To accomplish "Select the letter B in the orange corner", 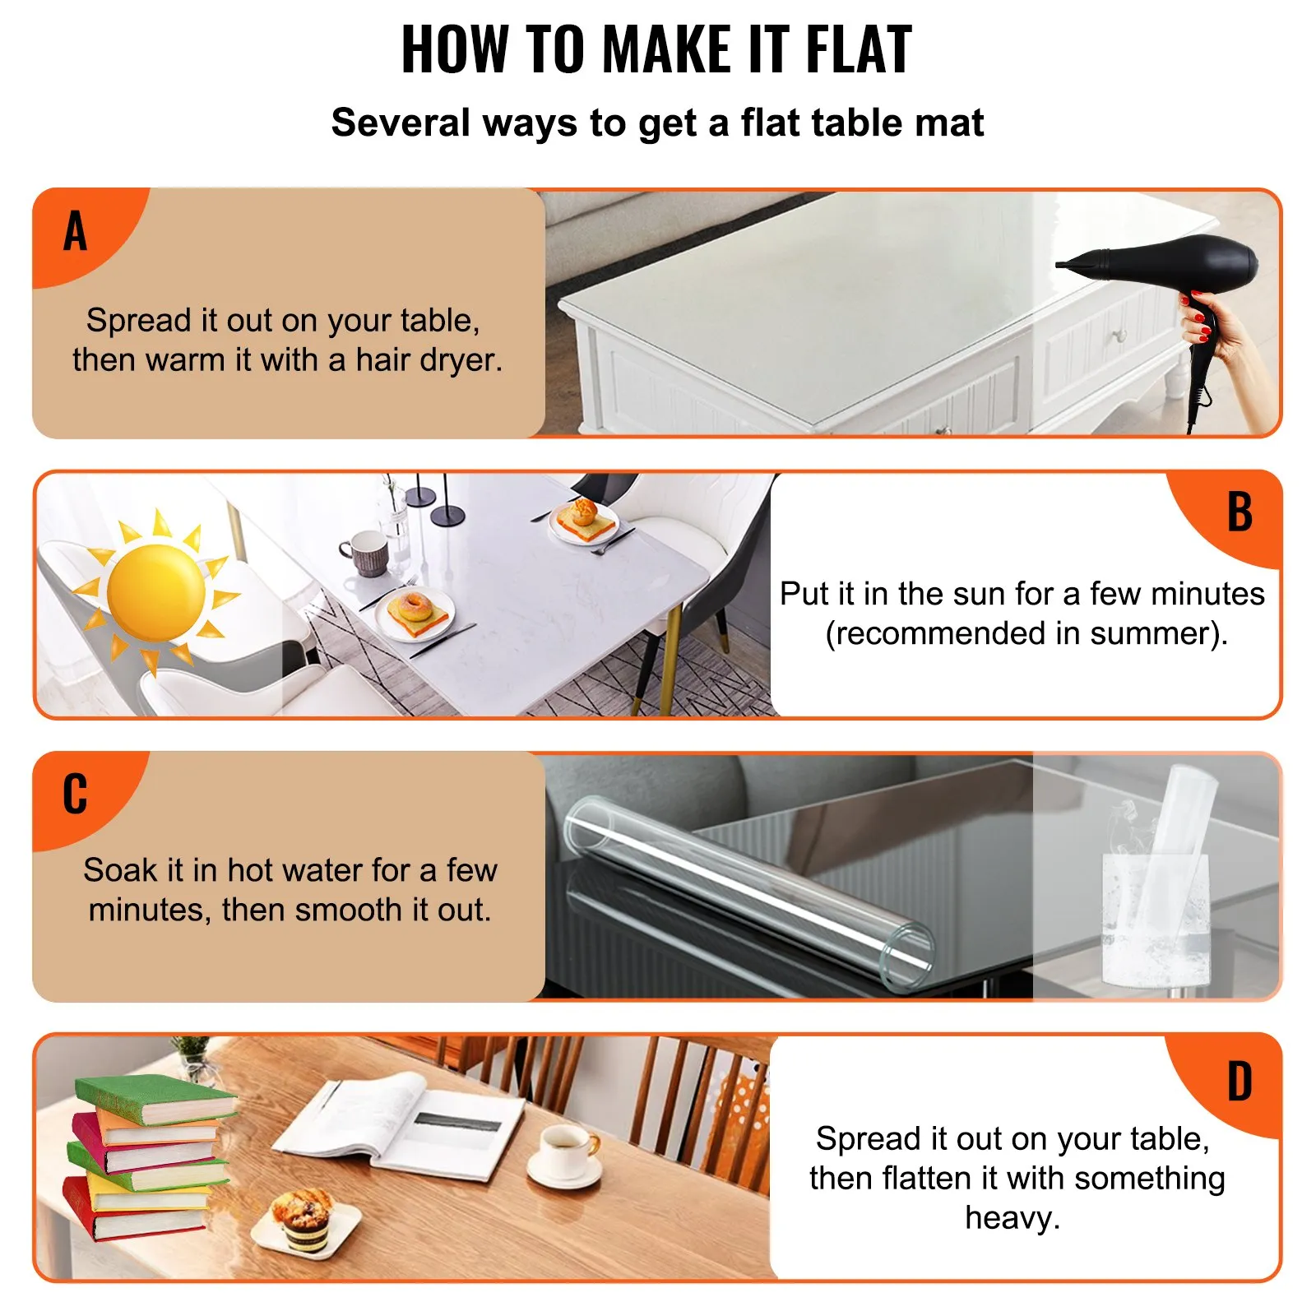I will point(1240,512).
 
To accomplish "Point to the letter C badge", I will point(75,795).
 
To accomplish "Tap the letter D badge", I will point(1240,1082).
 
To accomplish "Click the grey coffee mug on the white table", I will point(365,552).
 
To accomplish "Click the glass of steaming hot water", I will point(1155,913).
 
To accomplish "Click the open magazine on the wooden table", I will point(399,1123).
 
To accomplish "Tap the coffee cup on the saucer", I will point(568,1147).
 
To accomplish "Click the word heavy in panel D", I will point(1012,1217).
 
